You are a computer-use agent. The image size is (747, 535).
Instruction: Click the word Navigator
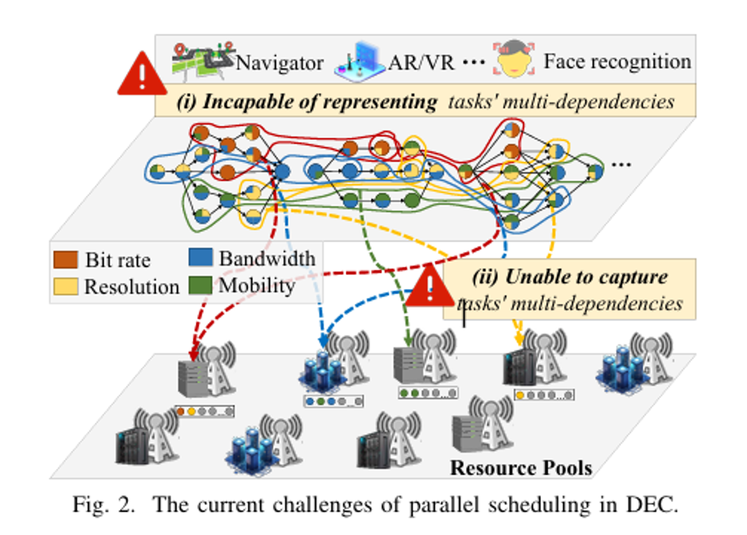coord(279,63)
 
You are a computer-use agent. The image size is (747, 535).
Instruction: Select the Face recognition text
coord(617,60)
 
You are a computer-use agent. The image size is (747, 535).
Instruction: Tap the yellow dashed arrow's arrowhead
coord(519,340)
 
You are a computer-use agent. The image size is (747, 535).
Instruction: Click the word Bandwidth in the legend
coord(266,258)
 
